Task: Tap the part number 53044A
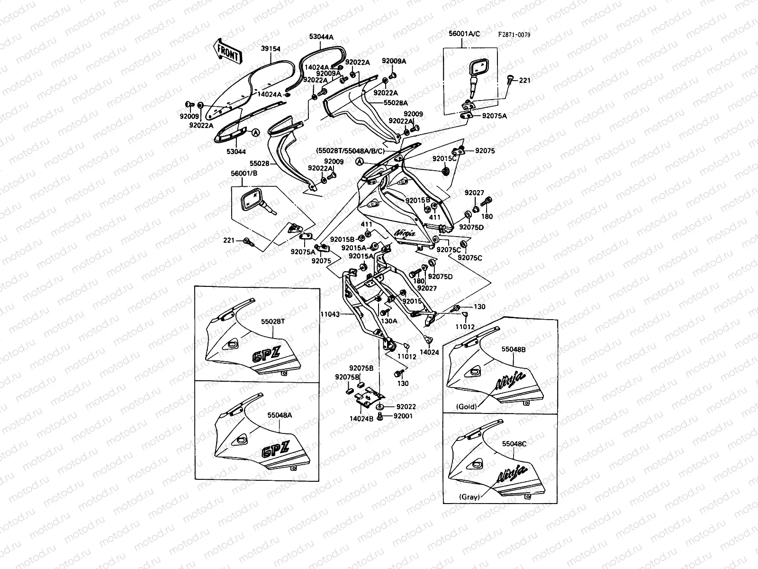point(321,37)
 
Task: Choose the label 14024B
point(361,418)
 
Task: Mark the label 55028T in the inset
point(273,321)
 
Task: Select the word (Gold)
point(466,406)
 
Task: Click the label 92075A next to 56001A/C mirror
point(494,115)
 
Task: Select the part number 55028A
point(396,102)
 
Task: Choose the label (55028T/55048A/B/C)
point(350,151)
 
